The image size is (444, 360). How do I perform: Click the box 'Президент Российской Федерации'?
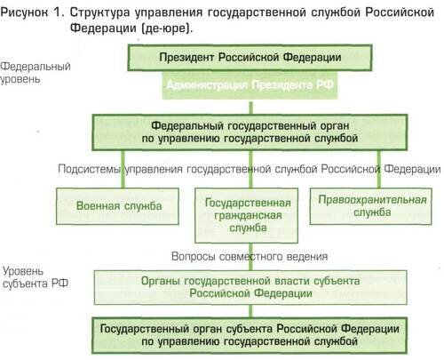(250, 58)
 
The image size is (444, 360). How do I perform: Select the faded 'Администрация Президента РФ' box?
(250, 85)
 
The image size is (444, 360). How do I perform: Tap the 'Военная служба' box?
(117, 206)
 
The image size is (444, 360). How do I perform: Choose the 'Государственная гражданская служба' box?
(247, 215)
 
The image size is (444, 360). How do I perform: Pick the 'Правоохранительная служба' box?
(371, 206)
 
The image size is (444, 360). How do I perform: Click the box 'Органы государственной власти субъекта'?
(250, 287)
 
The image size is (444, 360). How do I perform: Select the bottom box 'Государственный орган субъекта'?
(250, 335)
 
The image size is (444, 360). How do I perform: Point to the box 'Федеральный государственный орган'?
(250, 132)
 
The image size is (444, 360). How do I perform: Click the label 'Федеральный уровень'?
(36, 73)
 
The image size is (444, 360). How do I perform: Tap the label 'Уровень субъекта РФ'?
(36, 277)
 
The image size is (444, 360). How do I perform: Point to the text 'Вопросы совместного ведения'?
(250, 257)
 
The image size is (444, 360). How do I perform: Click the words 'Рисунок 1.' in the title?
(32, 12)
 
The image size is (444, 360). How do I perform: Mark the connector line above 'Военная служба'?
(123, 169)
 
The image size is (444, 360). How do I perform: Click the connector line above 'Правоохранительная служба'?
(378, 169)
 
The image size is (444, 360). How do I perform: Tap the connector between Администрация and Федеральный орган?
(251, 108)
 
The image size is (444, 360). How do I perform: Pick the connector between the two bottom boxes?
(251, 311)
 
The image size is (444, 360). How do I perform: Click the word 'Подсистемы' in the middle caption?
(90, 169)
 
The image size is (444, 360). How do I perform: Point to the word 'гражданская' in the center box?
(248, 215)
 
